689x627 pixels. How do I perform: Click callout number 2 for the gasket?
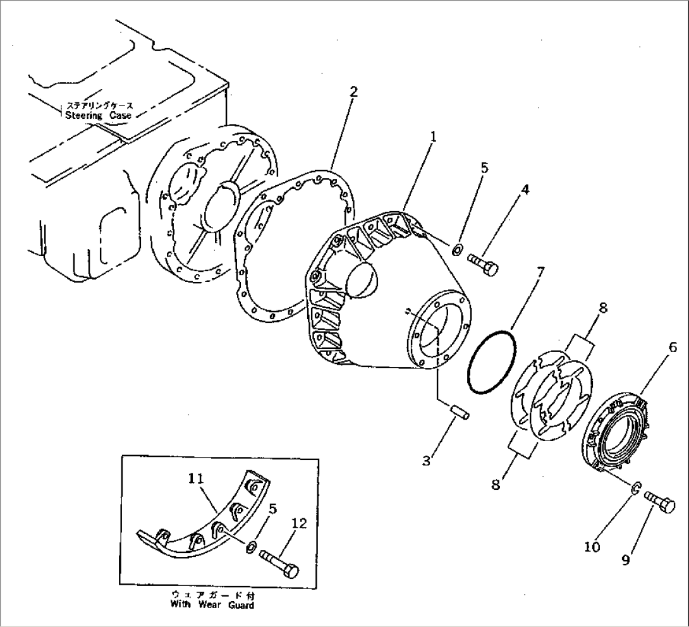pyautogui.click(x=353, y=92)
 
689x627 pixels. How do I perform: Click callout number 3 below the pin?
pyautogui.click(x=427, y=461)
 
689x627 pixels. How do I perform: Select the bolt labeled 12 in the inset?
pyautogui.click(x=278, y=563)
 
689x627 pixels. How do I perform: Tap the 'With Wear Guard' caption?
pyautogui.click(x=212, y=605)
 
